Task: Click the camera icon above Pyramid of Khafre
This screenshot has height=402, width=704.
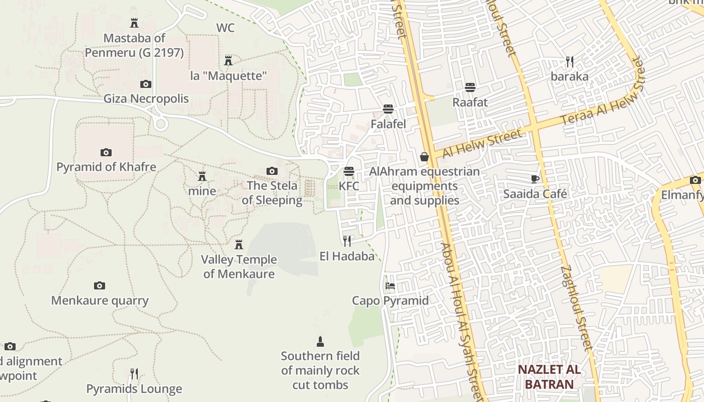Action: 106,152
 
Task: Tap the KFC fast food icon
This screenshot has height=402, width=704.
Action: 349,172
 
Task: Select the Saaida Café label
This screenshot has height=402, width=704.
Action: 535,194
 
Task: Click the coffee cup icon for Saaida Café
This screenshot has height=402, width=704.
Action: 535,179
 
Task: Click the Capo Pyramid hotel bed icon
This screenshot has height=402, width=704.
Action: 390,286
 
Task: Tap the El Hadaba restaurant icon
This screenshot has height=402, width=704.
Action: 347,241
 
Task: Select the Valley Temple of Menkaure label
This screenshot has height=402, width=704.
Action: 239,267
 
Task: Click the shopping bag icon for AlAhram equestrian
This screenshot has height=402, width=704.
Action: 424,157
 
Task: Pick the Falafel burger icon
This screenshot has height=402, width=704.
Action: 388,109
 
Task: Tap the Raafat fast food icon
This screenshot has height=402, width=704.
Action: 470,87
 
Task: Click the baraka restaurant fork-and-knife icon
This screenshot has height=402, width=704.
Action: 569,62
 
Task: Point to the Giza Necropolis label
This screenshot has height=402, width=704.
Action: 146,98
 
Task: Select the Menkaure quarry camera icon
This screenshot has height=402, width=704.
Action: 100,286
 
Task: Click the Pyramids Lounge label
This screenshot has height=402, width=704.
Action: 134,389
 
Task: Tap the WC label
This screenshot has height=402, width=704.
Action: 225,28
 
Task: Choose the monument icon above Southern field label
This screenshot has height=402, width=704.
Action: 320,342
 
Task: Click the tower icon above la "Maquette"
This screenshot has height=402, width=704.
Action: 228,61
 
